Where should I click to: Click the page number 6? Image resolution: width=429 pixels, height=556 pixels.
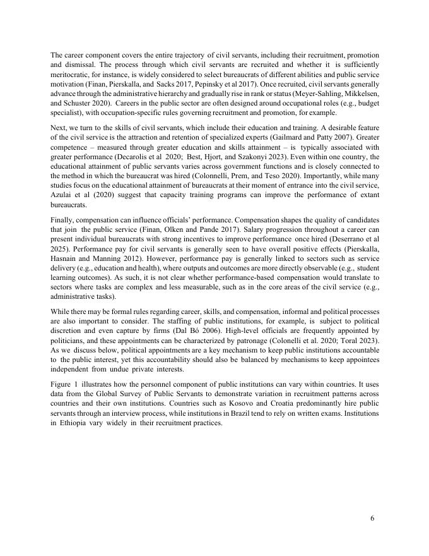(x=372, y=519)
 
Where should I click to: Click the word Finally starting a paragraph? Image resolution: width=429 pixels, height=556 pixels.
(x=64, y=222)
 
